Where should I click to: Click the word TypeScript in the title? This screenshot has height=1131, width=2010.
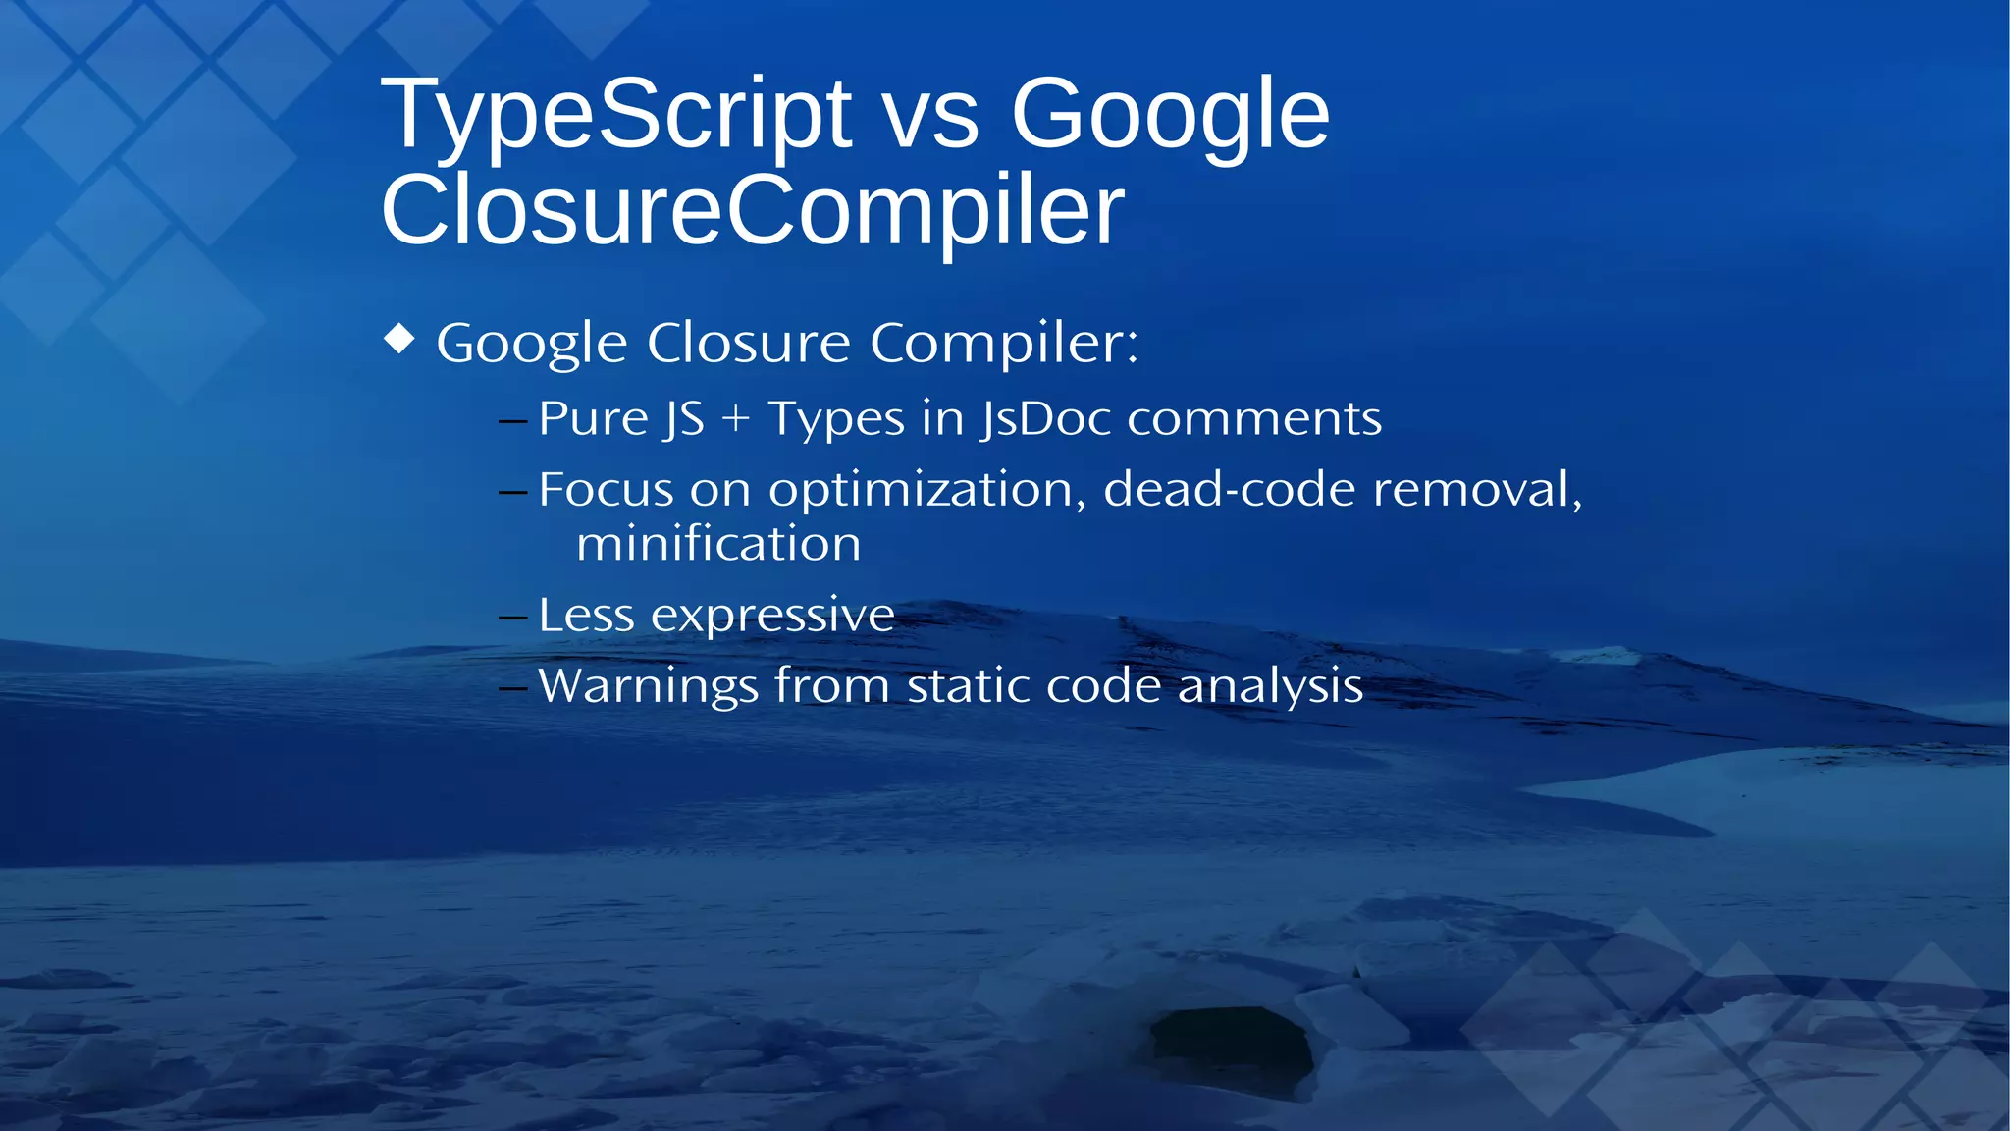pos(616,116)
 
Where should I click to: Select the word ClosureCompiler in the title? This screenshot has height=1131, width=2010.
pos(752,210)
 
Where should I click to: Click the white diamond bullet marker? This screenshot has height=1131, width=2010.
pos(399,339)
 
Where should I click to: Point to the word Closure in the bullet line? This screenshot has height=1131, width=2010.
pos(748,343)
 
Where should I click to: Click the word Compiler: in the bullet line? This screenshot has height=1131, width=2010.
pos(1004,343)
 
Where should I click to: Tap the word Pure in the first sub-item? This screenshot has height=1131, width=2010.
pos(593,418)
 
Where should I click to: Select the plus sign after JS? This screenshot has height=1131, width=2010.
pos(735,419)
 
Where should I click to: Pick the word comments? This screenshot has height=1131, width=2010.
pos(1254,418)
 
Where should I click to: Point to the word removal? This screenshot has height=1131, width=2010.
pos(1477,489)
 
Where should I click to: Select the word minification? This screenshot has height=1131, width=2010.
pos(718,544)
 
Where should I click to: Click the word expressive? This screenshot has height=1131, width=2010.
pos(772,616)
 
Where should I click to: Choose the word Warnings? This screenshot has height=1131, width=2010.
pos(648,685)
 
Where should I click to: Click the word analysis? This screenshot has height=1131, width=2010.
pos(1270,685)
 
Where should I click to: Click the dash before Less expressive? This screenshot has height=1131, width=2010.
pos(513,618)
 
